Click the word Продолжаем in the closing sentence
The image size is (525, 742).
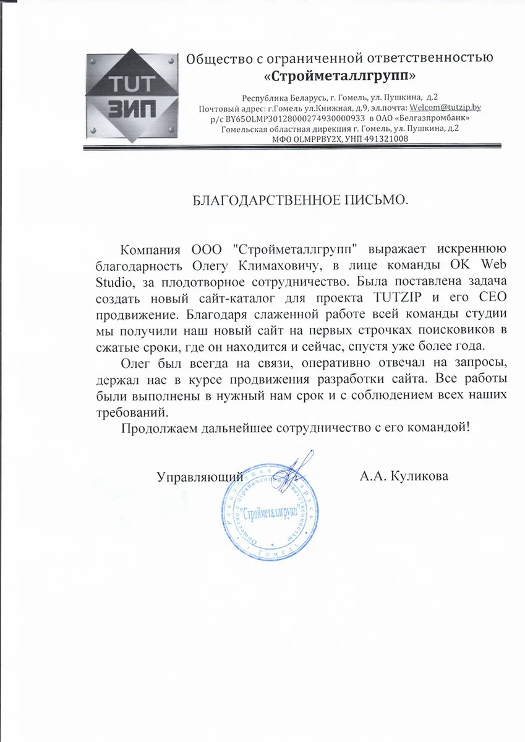coord(154,428)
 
